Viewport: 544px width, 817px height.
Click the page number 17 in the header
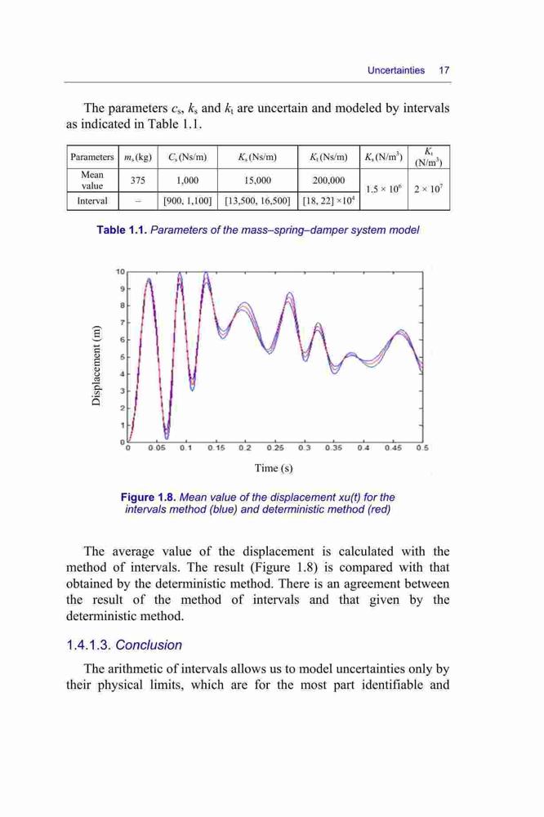coord(444,70)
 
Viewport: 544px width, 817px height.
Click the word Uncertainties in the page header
coord(396,70)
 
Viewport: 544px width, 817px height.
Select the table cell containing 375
coord(138,181)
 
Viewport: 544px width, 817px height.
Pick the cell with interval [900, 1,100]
coord(188,201)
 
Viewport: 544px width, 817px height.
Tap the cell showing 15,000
coord(257,181)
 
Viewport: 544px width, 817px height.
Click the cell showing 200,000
coord(328,181)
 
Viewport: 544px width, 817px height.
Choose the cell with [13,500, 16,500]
coord(257,201)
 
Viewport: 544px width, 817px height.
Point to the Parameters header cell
coord(92,157)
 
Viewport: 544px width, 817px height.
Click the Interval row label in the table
coord(92,201)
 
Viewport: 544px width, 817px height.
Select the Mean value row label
coord(92,181)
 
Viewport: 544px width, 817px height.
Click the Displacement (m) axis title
coord(96,365)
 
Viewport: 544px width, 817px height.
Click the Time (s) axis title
coord(274,468)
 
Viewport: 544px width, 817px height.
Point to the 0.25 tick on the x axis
coord(275,448)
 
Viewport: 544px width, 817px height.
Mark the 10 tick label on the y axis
coord(120,271)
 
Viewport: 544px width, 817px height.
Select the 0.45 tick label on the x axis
coord(394,448)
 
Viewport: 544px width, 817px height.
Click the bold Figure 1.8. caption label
coord(148,497)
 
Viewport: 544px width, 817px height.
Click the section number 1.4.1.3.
coord(88,645)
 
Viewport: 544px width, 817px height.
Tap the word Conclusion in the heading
coord(149,645)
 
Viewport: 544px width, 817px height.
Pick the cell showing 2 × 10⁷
coord(428,190)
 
